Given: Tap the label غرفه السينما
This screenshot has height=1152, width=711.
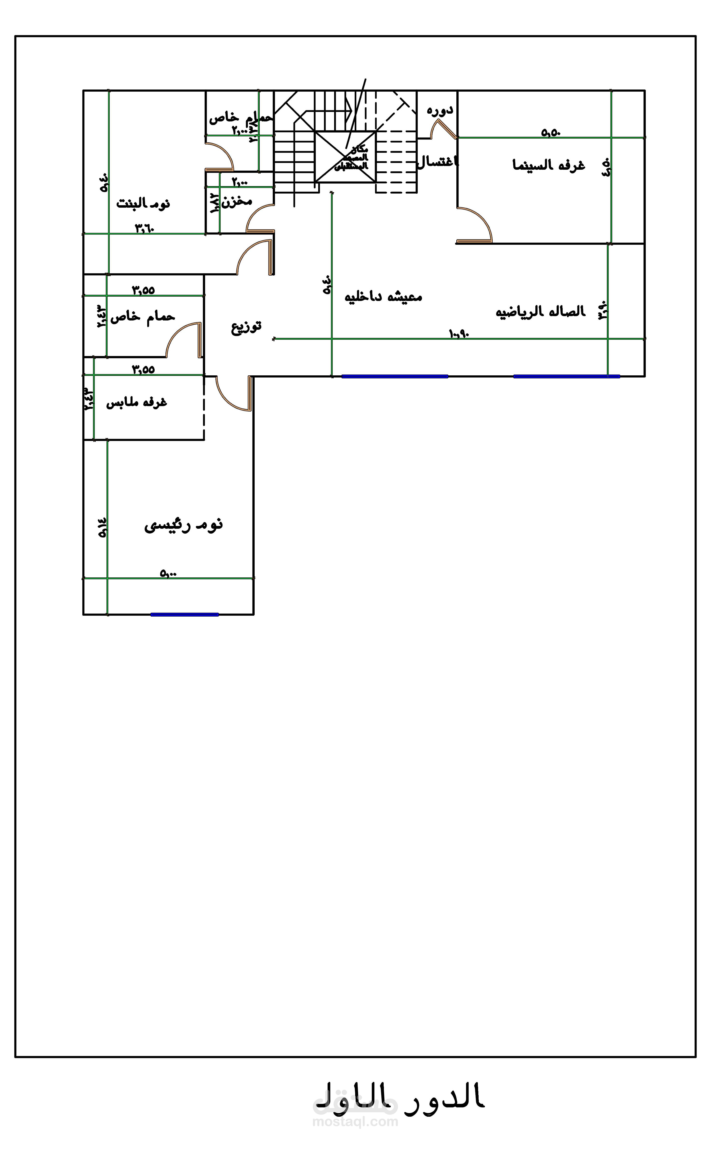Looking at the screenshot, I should click(x=548, y=165).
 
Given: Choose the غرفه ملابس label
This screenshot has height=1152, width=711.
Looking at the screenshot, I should click(x=136, y=403).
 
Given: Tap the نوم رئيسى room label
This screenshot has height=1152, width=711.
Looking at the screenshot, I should click(x=183, y=525).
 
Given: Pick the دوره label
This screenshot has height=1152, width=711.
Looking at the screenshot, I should click(x=440, y=110).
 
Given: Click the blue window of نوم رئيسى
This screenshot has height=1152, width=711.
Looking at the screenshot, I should click(x=184, y=614).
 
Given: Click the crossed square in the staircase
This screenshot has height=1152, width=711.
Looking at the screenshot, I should click(x=345, y=156).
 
